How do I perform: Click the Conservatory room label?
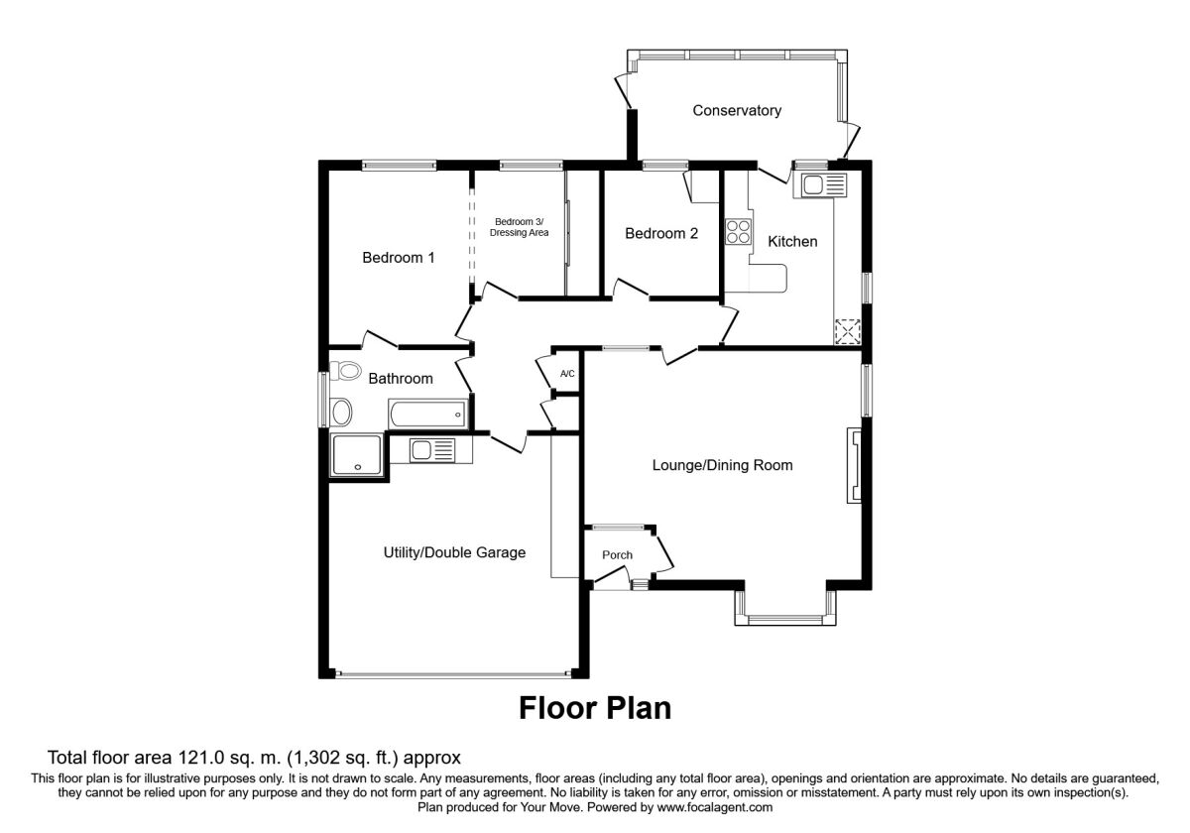point(737,110)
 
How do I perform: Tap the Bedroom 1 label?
point(398,258)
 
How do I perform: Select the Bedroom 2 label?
point(660,234)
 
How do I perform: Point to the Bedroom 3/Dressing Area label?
point(520,226)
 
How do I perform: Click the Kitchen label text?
point(793,241)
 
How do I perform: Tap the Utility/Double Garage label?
point(455,552)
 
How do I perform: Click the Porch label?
point(618,554)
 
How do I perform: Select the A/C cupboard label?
point(567,374)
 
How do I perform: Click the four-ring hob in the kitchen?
point(738,232)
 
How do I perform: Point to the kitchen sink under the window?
point(823,184)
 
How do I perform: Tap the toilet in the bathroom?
point(345,371)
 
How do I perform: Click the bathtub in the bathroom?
point(426,412)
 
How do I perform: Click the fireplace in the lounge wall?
point(853,466)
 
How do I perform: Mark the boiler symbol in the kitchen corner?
point(848,332)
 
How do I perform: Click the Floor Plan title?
point(595,708)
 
